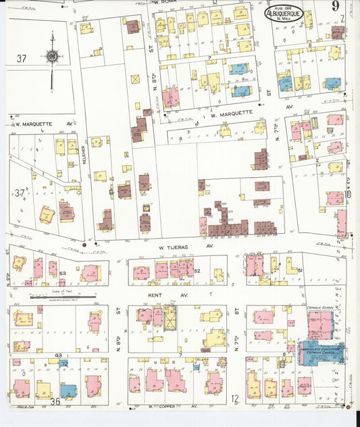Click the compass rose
[x=51, y=57]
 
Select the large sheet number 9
[x=336, y=9]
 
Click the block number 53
[x=61, y=273]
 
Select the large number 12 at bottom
[x=234, y=399]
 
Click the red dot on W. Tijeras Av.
[x=84, y=245]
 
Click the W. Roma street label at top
[x=164, y=3]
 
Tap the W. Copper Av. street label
[x=172, y=406]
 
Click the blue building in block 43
[x=68, y=390]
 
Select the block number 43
[x=59, y=355]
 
